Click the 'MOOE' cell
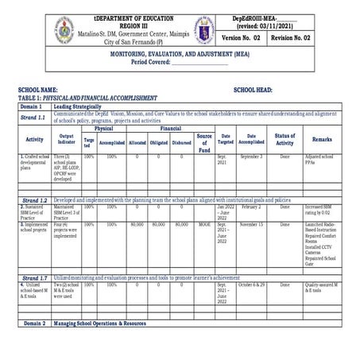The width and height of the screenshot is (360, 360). coord(204,225)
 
